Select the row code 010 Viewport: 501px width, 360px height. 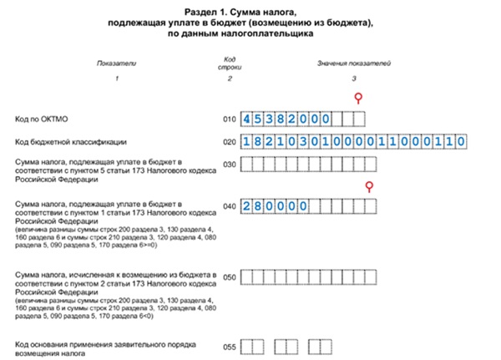pyautogui.click(x=230, y=119)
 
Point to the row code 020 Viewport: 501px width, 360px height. pyautogui.click(x=230, y=142)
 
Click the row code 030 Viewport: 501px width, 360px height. pyautogui.click(x=230, y=165)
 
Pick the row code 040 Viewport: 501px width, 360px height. pyautogui.click(x=230, y=205)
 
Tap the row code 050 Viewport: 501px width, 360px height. pyautogui.click(x=230, y=275)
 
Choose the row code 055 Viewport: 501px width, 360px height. pyautogui.click(x=230, y=345)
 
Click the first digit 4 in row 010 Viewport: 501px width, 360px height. pyautogui.click(x=247, y=119)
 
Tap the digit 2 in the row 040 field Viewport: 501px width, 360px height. pyautogui.click(x=247, y=205)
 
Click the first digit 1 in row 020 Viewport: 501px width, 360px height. pyautogui.click(x=247, y=142)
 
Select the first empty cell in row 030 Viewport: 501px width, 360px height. pyautogui.click(x=247, y=165)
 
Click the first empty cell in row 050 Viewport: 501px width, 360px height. pyautogui.click(x=247, y=275)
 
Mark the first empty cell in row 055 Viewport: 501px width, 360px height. pyautogui.click(x=247, y=345)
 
